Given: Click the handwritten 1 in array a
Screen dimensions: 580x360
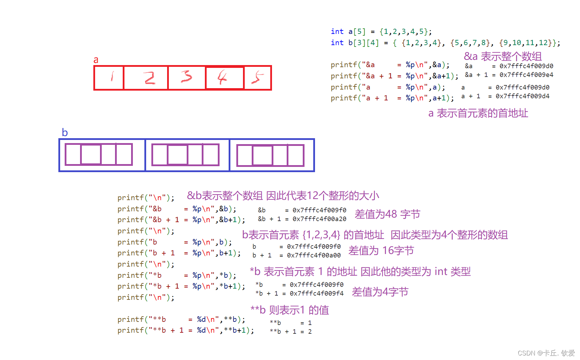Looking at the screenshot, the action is coord(112,76).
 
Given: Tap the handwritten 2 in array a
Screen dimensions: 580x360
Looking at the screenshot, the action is coord(150,78).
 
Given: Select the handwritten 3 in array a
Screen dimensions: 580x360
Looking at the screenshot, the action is coord(186,76).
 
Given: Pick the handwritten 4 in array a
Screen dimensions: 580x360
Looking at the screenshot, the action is coord(222,77).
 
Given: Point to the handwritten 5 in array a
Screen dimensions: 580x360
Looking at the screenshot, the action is coord(258,77).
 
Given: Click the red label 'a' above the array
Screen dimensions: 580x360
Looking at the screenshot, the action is coord(96,60).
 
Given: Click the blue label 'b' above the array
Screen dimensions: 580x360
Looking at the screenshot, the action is coord(65,133).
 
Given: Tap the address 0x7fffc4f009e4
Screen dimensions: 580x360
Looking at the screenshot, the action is coord(526,75).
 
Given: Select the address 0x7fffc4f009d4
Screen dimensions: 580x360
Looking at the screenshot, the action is coord(522,96).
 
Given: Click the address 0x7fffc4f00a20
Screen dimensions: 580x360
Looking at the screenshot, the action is coord(319,219).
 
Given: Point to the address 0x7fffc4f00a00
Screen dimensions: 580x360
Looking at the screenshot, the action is coord(314,255).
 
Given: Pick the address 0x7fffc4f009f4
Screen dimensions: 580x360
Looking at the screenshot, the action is coord(316,294).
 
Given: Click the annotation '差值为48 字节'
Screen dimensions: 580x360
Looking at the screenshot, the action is coord(387,214).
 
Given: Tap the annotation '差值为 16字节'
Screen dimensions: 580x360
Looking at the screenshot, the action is coord(381,250).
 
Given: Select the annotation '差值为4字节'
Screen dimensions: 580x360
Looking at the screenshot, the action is coord(380,292).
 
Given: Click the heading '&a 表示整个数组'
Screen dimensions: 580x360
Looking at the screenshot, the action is coord(502,56).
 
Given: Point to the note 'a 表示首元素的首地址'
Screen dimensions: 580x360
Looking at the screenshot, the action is coord(478,113).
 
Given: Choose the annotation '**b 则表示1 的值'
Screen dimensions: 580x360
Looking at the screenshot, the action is coord(289,310).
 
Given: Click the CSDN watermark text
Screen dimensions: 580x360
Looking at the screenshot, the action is coord(546,353).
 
